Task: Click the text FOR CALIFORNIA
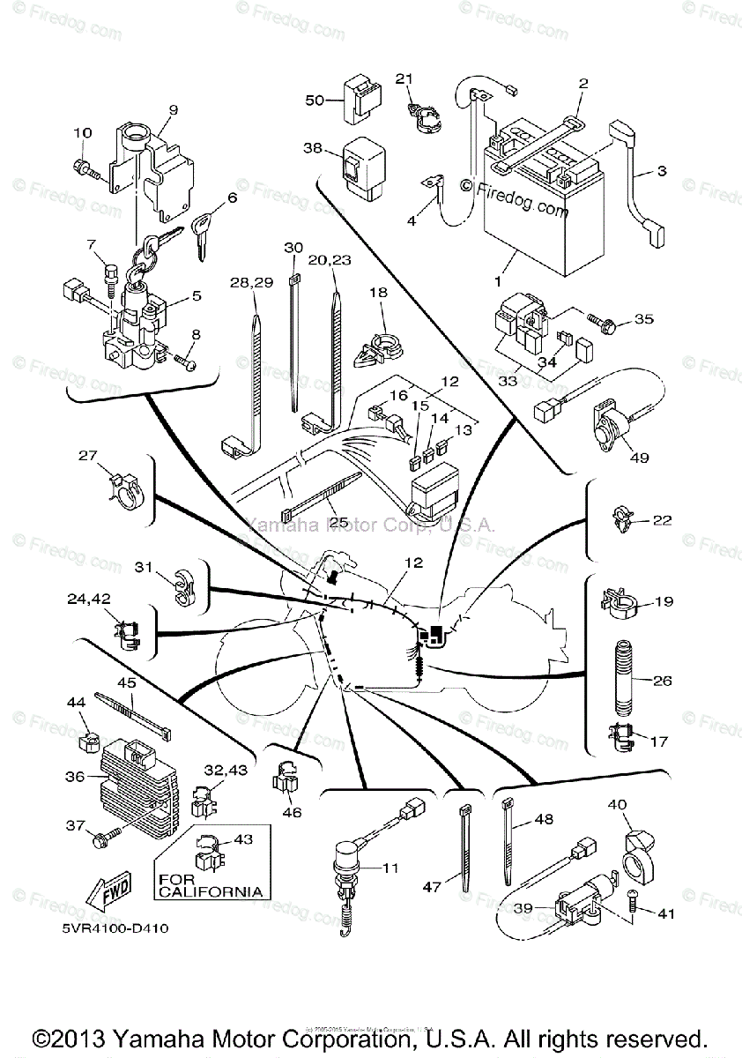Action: (x=210, y=885)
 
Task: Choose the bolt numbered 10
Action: (x=85, y=167)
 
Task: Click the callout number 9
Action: (x=173, y=110)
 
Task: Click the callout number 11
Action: (x=390, y=868)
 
